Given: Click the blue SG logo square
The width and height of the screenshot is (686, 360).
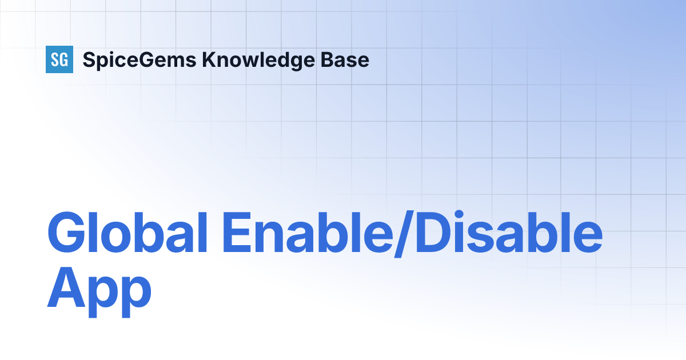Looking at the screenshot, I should [59, 59].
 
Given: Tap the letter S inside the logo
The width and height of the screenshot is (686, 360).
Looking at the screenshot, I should [55, 59].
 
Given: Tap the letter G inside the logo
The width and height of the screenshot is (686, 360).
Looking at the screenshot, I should [64, 59].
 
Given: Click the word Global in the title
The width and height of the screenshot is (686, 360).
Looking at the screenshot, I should [127, 234].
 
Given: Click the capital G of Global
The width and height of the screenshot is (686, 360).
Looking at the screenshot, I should [68, 234].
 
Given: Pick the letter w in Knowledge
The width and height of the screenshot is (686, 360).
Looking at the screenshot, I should [249, 61].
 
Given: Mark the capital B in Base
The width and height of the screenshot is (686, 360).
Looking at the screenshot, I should [325, 59].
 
